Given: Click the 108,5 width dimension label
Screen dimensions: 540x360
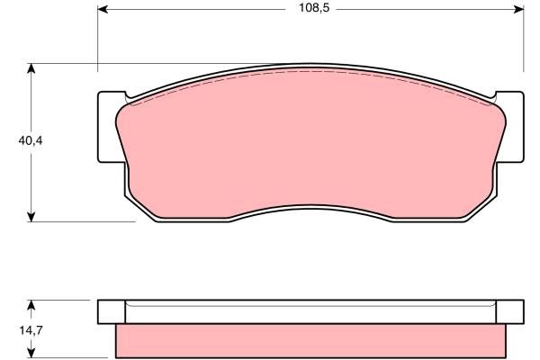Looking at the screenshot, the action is point(314,8).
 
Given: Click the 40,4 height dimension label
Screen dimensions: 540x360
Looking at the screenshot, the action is point(31,140).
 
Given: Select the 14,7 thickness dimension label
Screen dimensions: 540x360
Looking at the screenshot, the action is point(31,330).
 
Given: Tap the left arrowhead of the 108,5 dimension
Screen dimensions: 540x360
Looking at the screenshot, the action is point(103,9).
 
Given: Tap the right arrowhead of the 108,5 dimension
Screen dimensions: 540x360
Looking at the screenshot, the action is point(518,9).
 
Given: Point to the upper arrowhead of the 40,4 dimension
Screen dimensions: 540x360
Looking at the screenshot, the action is point(31,68).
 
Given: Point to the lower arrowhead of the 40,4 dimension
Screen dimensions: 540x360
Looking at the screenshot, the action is point(31,217).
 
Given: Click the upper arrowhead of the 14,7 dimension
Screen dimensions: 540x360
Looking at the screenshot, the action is point(31,305).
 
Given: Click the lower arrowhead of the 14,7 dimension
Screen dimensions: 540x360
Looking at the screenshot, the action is point(31,353).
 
